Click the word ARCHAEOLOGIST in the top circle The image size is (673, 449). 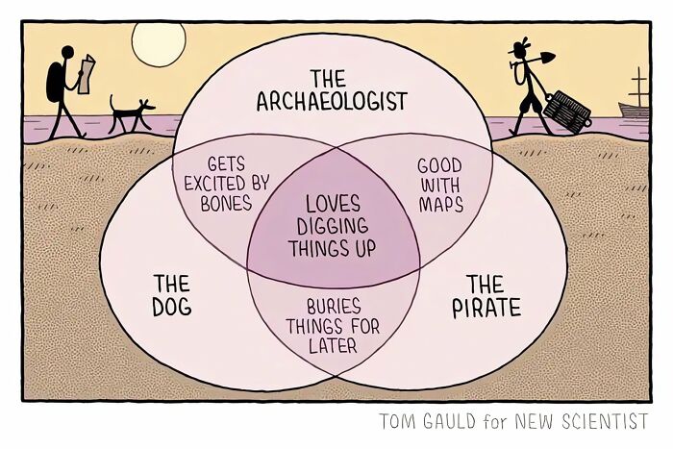pyautogui.click(x=332, y=101)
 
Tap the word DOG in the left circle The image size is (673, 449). pyautogui.click(x=172, y=308)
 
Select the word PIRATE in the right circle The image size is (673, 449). pyautogui.click(x=486, y=308)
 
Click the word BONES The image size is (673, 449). pyautogui.click(x=226, y=203)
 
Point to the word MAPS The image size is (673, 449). pyautogui.click(x=440, y=205)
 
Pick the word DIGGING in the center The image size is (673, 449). pyautogui.click(x=333, y=226)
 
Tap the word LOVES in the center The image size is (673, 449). pyautogui.click(x=333, y=204)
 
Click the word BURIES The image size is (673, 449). pyautogui.click(x=334, y=307)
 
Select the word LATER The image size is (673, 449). pyautogui.click(x=333, y=345)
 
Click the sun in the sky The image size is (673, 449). pyautogui.click(x=159, y=44)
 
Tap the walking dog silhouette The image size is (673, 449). pyautogui.click(x=131, y=113)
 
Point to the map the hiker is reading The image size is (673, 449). pyautogui.click(x=87, y=73)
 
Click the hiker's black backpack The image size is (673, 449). pyautogui.click(x=55, y=83)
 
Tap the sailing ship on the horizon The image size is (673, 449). pyautogui.click(x=634, y=98)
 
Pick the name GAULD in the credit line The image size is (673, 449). pyautogui.click(x=449, y=421)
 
